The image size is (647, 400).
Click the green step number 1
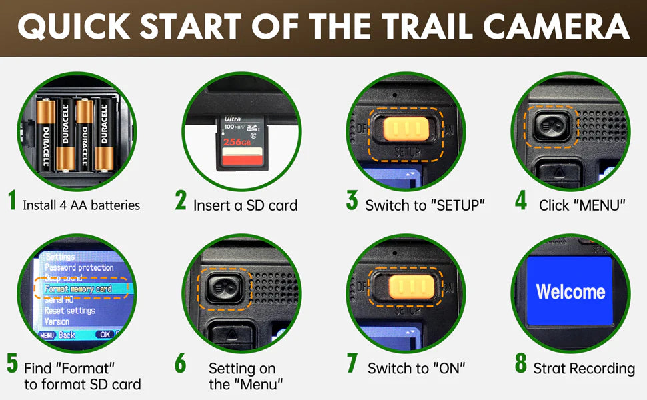pos(11,202)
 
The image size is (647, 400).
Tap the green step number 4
pos(521,202)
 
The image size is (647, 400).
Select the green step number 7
pos(352,364)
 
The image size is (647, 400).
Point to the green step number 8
pos(521,364)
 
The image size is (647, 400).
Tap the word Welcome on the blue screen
pos(570,291)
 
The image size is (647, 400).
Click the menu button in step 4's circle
pos(551,125)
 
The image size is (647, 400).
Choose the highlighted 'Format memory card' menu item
pos(79,289)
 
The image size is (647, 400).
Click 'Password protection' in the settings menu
pos(79,268)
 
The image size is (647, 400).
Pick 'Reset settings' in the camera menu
pos(70,311)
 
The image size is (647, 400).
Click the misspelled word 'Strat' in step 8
pos(550,368)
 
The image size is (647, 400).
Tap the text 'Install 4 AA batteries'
pos(81,205)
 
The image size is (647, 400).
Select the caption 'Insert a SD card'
pos(245,205)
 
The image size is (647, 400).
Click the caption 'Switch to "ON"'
pos(416,368)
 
